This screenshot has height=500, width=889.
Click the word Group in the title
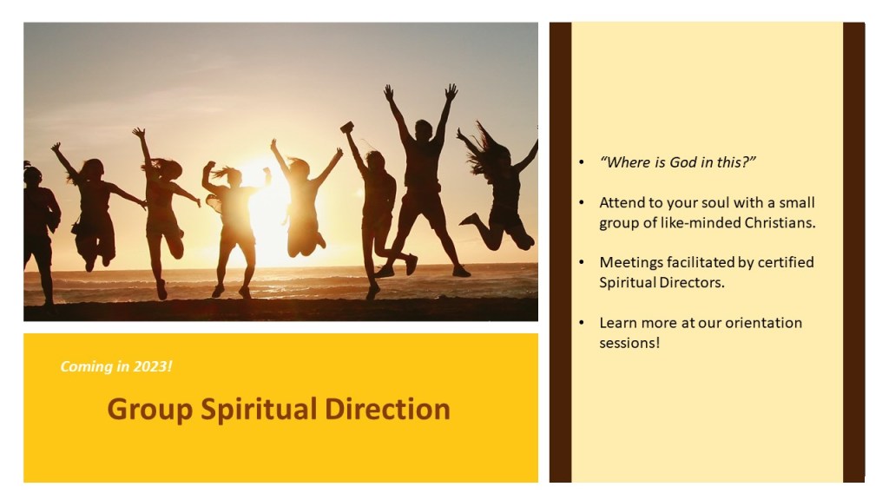pos(149,411)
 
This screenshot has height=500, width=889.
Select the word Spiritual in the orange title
pos(259,411)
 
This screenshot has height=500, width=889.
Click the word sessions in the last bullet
pos(629,344)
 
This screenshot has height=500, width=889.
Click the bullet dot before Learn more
pos(581,323)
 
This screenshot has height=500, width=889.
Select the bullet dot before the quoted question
pos(581,162)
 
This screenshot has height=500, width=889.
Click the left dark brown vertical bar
pos(560,253)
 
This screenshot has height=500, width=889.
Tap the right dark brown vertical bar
pos(854,253)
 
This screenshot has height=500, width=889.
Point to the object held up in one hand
pos(347,128)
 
